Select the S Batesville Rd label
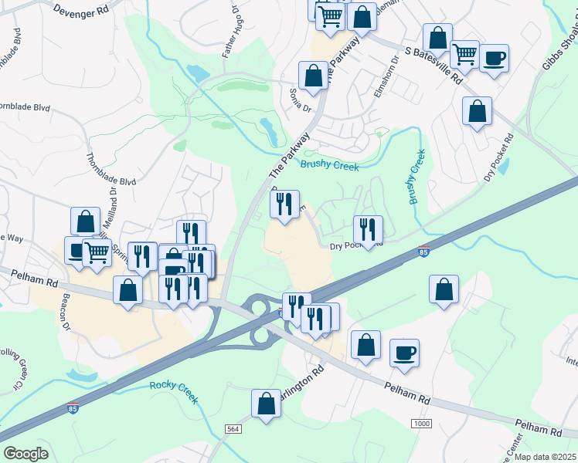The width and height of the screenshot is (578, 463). pos(433,67)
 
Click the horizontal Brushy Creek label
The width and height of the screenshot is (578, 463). pos(330,164)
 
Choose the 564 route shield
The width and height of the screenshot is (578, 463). pos(233,428)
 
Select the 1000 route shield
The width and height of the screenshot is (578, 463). pos(421,424)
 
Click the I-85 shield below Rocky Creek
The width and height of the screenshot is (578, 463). pos(72,409)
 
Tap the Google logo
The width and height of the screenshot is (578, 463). pos(26,454)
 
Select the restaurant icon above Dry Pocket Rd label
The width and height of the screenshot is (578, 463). pos(368,228)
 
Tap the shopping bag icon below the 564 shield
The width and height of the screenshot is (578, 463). pos(266,403)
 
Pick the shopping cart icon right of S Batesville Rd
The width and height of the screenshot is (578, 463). pos(464,53)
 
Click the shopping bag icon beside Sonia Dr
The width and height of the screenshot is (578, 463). pos(313,75)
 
